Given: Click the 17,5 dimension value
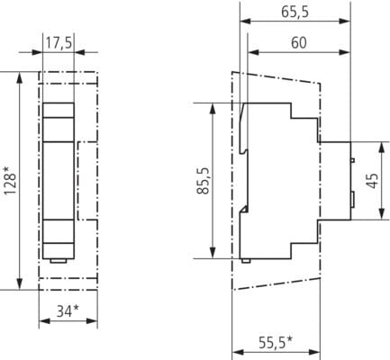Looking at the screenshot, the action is pyautogui.click(x=59, y=43).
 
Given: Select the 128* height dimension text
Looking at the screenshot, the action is pyautogui.click(x=10, y=181).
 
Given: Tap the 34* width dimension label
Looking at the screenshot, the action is pyautogui.click(x=68, y=310).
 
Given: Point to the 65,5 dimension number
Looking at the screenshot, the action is pyautogui.click(x=295, y=12).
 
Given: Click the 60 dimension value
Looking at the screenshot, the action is pyautogui.click(x=299, y=43).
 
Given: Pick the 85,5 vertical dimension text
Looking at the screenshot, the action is pyautogui.click(x=203, y=181).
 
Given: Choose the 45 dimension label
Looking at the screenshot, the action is pyautogui.click(x=373, y=181).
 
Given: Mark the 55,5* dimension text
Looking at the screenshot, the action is pyautogui.click(x=276, y=343).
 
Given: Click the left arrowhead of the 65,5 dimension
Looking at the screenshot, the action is pyautogui.click(x=245, y=21).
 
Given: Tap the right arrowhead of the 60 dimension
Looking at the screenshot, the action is pyautogui.click(x=345, y=52).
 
